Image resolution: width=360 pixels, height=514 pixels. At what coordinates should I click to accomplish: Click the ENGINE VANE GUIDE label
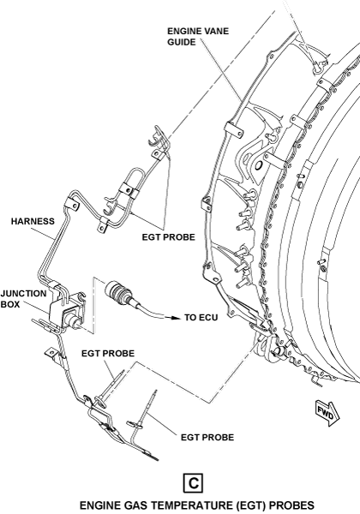(198, 36)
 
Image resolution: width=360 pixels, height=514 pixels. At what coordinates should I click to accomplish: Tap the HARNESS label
(33, 221)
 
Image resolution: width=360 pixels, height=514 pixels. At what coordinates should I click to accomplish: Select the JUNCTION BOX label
(24, 299)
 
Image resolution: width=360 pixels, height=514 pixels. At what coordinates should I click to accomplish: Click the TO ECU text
(201, 317)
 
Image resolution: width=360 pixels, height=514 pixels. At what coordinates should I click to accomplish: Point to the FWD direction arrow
(327, 414)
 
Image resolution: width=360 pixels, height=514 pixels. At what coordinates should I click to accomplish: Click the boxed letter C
(193, 483)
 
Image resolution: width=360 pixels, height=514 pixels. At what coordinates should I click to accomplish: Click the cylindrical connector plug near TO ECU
(119, 291)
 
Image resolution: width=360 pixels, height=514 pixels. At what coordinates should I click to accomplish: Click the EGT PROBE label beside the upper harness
(169, 237)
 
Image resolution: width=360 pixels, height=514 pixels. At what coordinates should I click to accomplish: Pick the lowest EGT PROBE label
(207, 437)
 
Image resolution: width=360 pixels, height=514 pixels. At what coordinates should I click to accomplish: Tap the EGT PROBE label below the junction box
(108, 353)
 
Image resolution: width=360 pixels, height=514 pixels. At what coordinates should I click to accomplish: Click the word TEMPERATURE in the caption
(194, 505)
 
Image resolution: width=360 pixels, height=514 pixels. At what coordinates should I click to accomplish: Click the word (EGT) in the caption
(251, 505)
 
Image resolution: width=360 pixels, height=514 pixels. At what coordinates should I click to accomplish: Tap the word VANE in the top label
(216, 31)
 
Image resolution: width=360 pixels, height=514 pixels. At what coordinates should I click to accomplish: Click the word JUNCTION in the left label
(24, 293)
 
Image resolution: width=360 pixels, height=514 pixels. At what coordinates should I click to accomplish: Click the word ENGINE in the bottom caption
(99, 505)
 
